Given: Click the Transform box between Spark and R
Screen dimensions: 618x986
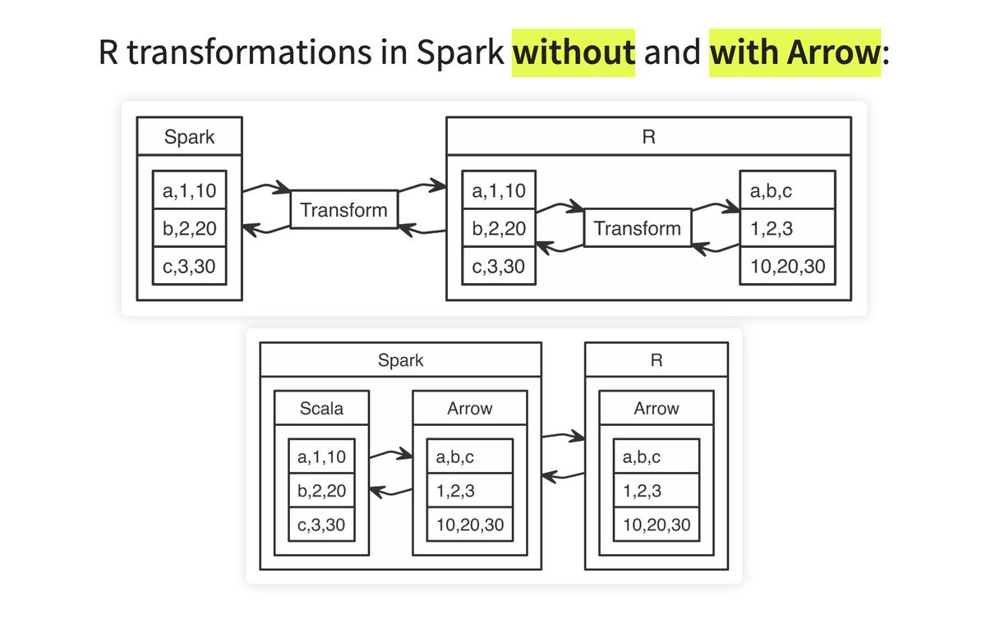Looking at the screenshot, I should pyautogui.click(x=343, y=209).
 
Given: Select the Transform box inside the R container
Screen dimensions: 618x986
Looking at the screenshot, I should pyautogui.click(x=638, y=227).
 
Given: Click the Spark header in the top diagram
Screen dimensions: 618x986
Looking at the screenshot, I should pyautogui.click(x=189, y=136).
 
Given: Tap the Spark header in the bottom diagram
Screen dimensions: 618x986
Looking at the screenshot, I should pyautogui.click(x=400, y=359).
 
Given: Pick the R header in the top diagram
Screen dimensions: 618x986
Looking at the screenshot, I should pyautogui.click(x=647, y=136).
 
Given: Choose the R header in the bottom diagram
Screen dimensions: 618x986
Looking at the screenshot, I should pyautogui.click(x=656, y=359).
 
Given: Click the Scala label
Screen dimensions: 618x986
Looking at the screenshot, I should pyautogui.click(x=321, y=408).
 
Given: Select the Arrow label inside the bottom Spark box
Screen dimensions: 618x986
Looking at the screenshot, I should pyautogui.click(x=470, y=408).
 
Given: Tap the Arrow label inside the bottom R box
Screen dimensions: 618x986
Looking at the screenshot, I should pyautogui.click(x=656, y=408).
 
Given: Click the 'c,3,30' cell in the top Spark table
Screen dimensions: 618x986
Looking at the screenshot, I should pyautogui.click(x=190, y=266).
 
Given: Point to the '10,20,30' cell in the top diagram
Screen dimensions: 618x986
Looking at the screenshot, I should pyautogui.click(x=787, y=266).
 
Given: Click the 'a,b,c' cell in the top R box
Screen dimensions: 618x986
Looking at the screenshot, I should pyautogui.click(x=787, y=192).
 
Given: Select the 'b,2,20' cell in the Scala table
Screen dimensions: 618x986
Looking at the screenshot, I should pyautogui.click(x=321, y=491).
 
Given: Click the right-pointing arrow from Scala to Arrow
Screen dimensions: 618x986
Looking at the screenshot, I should pyautogui.click(x=390, y=452).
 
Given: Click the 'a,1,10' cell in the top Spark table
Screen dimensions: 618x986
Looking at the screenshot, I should pyautogui.click(x=190, y=192).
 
